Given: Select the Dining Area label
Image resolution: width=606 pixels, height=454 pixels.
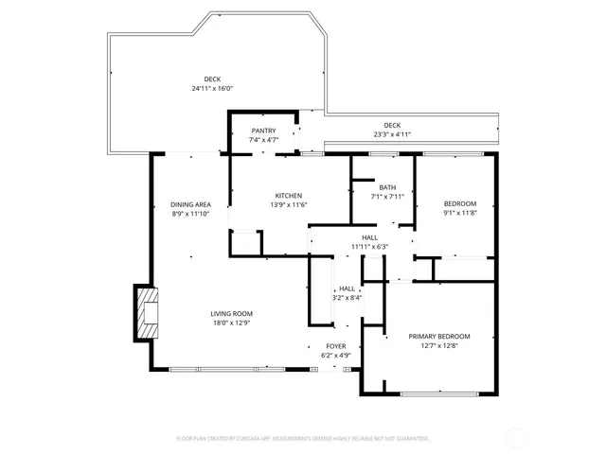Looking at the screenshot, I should (190, 205).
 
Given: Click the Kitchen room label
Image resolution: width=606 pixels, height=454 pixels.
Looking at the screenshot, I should (289, 196).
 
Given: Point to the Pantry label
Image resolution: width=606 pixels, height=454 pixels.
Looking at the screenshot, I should (263, 131).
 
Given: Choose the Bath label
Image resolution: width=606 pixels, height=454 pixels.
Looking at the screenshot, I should (387, 187).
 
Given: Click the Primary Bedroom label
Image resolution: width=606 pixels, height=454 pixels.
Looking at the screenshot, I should (439, 337).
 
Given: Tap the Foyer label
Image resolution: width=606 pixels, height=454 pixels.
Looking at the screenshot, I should (336, 346).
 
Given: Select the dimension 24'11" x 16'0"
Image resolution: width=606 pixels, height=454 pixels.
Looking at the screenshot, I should (212, 89).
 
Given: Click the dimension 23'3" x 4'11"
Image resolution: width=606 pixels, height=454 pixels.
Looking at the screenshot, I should (392, 134).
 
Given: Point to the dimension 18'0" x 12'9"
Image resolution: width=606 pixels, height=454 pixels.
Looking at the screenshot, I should (231, 323).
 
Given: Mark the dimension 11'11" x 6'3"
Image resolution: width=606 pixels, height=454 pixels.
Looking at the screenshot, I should (369, 247).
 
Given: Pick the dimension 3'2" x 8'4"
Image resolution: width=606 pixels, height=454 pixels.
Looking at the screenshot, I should (347, 298).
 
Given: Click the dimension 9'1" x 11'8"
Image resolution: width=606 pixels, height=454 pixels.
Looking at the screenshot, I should (460, 214).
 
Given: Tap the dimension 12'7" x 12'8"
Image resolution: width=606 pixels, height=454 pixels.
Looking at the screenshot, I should (439, 346).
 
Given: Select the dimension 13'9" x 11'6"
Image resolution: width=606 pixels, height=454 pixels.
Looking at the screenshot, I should (289, 205).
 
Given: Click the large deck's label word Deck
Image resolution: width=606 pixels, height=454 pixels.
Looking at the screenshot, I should (212, 79).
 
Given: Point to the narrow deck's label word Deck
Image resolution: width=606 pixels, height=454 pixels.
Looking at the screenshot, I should (392, 125).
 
